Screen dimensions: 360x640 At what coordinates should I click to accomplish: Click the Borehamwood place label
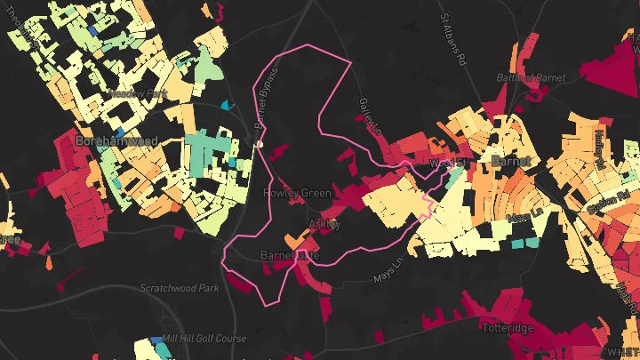(x=116, y=140)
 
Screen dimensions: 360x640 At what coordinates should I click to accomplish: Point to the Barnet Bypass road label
(x=266, y=94)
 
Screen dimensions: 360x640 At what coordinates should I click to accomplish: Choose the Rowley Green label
(x=297, y=193)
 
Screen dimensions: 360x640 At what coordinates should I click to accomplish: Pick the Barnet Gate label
(x=289, y=256)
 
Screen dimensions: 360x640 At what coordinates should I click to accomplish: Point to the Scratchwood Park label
(x=179, y=288)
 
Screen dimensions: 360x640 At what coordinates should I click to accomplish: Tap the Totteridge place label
(x=507, y=328)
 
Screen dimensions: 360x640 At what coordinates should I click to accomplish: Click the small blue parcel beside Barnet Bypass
(x=225, y=105)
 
